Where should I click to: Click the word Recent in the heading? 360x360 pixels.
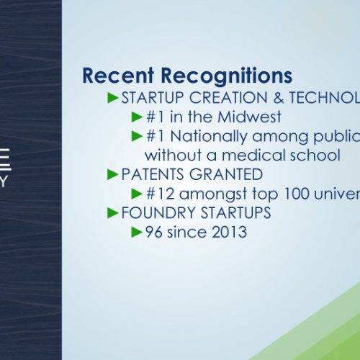coord(118,76)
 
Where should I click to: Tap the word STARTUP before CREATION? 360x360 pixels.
coord(153,98)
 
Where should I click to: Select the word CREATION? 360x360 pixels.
coord(228,98)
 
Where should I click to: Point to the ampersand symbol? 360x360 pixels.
coord(279,98)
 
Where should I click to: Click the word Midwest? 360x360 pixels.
coord(249,117)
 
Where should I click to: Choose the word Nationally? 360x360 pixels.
coord(209,137)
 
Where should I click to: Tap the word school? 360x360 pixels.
coord(315,155)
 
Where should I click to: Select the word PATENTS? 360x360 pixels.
coord(153,174)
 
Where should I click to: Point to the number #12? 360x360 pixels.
coord(160,194)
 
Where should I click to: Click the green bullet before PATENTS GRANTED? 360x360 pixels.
coord(113,174)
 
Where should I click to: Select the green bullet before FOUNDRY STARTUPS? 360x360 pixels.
coord(113,213)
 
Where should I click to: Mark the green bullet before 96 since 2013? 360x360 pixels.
coord(137,232)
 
